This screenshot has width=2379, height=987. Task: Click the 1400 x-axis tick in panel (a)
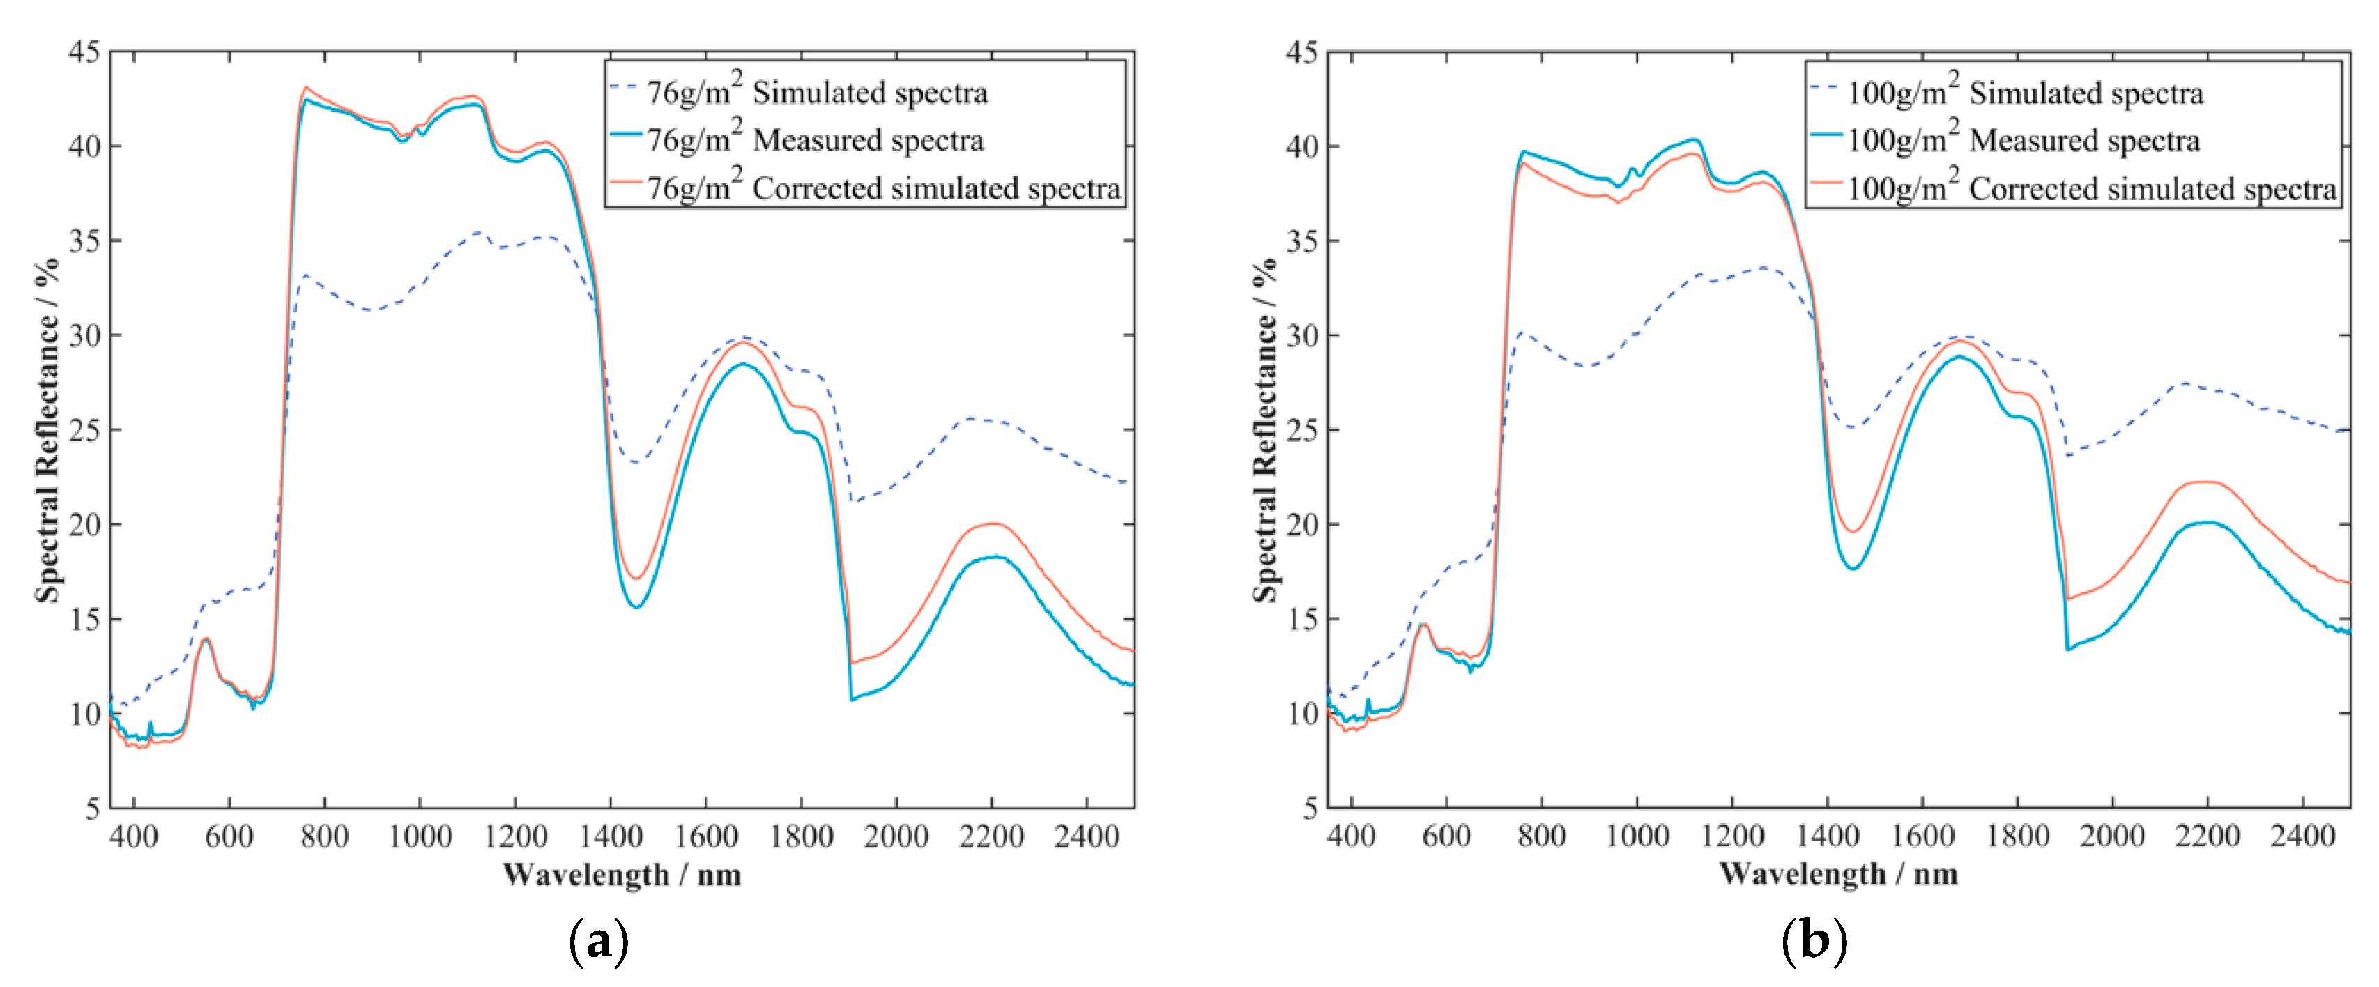[611, 836]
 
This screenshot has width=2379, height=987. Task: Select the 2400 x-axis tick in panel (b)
[2302, 836]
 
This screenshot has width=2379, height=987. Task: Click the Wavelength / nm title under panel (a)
[622, 873]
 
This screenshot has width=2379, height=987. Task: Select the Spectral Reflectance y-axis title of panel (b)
[1265, 430]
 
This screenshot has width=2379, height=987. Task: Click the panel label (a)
[599, 942]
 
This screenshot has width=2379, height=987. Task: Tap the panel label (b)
[1814, 942]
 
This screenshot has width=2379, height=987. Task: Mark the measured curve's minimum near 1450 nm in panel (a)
[636, 606]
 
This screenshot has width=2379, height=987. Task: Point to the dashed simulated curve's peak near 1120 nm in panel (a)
[477, 233]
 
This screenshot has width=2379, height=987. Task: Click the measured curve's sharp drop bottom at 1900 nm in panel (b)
[2068, 649]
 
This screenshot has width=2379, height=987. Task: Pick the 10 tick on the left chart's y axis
[84, 714]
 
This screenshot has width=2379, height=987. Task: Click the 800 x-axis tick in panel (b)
[1541, 836]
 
